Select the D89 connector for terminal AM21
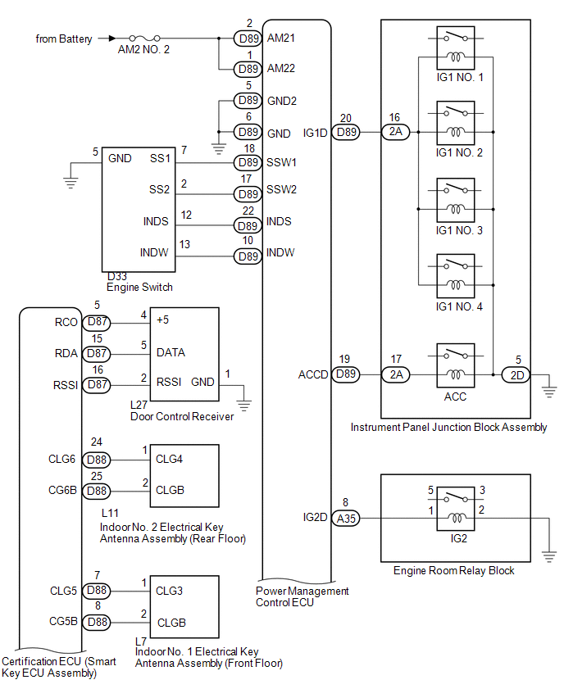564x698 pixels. coord(247,39)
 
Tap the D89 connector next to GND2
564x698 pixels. coord(247,101)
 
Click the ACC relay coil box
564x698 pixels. coord(456,374)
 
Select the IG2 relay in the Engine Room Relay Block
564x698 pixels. coord(456,508)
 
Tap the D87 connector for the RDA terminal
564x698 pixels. coord(97,353)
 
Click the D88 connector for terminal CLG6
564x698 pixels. coord(97,460)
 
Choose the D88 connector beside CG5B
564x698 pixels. coord(97,622)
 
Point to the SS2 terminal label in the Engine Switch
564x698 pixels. coord(160,190)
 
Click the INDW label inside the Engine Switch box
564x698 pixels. coord(156,252)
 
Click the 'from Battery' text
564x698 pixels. coord(64,39)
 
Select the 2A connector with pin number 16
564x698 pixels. coord(396,132)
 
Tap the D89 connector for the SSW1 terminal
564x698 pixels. coord(247,163)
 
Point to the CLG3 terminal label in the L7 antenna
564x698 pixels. coord(169,590)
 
